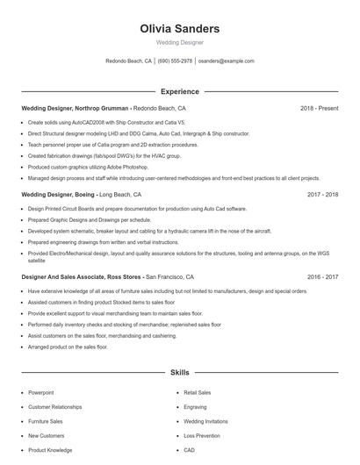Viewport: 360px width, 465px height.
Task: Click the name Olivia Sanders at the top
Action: click(x=180, y=29)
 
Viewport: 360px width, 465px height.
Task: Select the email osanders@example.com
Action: click(x=226, y=61)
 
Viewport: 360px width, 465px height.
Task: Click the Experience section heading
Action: click(x=180, y=91)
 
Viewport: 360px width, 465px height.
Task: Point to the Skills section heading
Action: click(x=180, y=373)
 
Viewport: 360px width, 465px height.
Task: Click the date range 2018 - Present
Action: click(x=319, y=109)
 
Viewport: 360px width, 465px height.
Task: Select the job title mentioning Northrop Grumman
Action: click(x=76, y=109)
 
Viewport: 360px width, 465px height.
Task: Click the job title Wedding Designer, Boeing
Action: click(x=58, y=194)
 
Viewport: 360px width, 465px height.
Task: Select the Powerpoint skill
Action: click(x=40, y=393)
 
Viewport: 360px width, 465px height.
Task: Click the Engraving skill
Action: click(x=195, y=407)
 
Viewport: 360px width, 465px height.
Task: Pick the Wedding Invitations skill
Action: click(x=206, y=421)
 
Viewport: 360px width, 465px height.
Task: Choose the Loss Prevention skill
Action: click(x=202, y=435)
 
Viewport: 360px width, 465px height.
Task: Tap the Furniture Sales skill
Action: click(x=45, y=421)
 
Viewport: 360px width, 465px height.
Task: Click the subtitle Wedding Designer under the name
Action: click(x=180, y=42)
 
